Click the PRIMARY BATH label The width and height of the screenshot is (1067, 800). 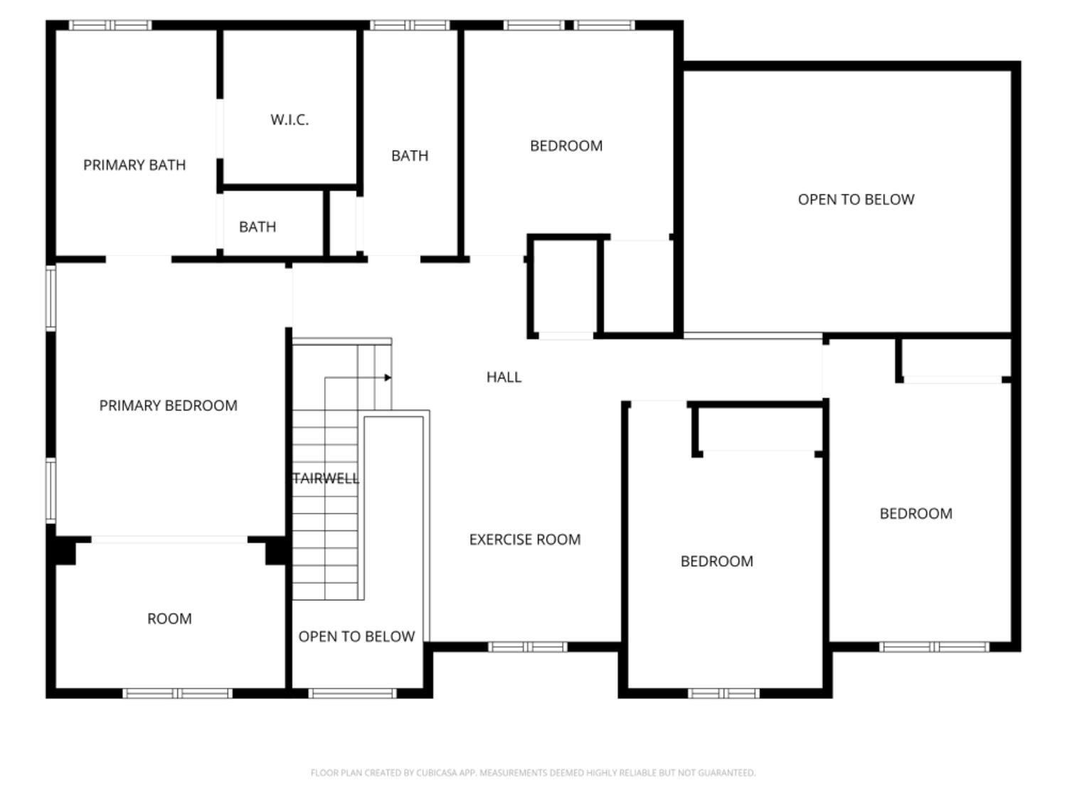pos(134,165)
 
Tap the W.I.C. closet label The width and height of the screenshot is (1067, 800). pos(290,119)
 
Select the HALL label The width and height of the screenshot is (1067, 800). pos(504,378)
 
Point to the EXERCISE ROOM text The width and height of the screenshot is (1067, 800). pos(525,540)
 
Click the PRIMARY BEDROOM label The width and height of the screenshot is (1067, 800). pos(168,405)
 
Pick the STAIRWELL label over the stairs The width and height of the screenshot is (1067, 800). pos(326,479)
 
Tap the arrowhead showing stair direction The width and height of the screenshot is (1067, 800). pos(388,378)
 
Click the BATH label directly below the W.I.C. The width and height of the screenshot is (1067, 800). pos(258,227)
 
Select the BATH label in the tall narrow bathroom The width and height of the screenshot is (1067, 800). pos(410,156)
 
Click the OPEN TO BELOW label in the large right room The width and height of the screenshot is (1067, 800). pos(856,200)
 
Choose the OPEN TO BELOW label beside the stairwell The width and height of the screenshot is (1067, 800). pos(356,636)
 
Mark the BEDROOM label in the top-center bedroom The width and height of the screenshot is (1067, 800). pos(566,146)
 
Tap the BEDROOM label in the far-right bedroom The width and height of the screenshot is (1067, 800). pos(915,513)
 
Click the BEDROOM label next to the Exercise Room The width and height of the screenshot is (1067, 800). pos(716,561)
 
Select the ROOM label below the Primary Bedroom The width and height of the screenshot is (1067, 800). pos(169,619)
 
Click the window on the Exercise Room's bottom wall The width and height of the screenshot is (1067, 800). pos(527,646)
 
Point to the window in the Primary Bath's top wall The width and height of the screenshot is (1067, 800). pos(110,26)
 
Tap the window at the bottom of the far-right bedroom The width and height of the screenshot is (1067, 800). pos(933,646)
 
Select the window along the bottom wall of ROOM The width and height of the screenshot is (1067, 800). pos(177,693)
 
